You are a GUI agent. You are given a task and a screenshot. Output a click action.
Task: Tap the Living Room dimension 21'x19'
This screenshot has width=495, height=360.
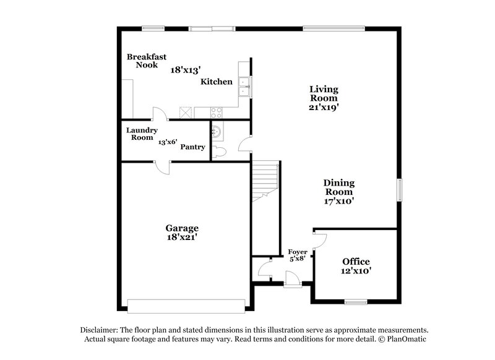point(324,107)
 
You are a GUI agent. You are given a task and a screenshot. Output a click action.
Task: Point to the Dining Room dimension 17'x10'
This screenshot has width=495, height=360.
point(339,200)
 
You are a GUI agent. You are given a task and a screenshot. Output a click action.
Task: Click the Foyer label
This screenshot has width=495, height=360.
point(298,252)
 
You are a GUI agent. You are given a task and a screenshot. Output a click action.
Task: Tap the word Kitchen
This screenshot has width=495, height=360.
point(217,82)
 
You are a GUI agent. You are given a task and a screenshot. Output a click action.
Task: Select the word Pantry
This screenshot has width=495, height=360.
point(192,147)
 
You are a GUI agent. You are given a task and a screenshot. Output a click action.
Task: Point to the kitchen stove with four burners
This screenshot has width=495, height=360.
point(217,113)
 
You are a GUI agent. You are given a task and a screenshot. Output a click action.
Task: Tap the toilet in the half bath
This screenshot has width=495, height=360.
point(219,151)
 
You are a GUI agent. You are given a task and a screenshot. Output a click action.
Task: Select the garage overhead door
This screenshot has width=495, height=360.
point(186,305)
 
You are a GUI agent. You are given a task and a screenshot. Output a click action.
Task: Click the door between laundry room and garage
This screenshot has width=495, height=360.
point(161,166)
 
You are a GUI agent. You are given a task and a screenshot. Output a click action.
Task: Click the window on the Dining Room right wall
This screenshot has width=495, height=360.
point(400,191)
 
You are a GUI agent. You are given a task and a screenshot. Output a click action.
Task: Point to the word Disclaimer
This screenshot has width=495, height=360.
point(99,330)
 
